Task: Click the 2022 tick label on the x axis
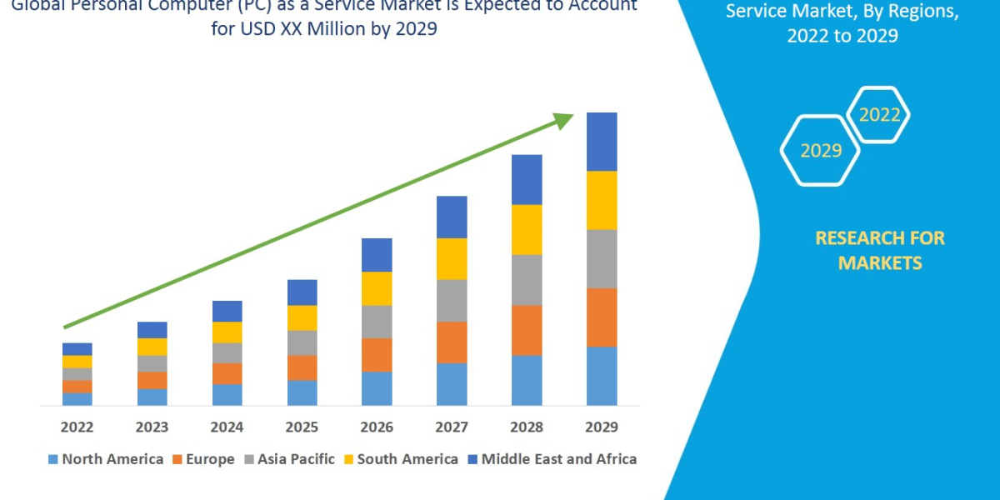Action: (77, 427)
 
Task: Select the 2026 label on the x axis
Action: (377, 427)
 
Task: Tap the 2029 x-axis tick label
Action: (602, 427)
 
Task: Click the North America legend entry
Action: (106, 459)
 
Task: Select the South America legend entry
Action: (399, 459)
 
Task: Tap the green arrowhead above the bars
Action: (564, 121)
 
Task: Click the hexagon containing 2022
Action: (879, 115)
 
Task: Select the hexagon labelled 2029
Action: (821, 151)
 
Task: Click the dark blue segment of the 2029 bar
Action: (602, 142)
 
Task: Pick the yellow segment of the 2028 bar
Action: (527, 229)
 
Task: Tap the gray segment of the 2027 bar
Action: (452, 300)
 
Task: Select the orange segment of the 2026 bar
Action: (377, 355)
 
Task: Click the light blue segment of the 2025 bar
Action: (302, 392)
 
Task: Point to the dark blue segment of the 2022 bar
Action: (77, 349)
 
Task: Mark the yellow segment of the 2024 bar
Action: (227, 332)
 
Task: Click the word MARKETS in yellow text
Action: (880, 263)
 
